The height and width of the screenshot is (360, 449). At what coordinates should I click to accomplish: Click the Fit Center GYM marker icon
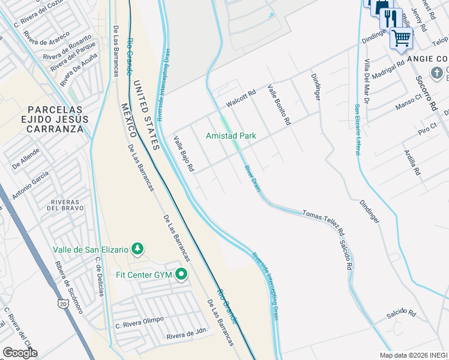pos(181,275)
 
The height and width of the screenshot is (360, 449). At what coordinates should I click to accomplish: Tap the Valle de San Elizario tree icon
pos(137,248)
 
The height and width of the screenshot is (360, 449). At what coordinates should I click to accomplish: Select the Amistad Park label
pos(231,136)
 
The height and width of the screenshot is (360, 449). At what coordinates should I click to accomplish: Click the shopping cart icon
pos(401,38)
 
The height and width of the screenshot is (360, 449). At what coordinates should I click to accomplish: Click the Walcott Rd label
pos(241,99)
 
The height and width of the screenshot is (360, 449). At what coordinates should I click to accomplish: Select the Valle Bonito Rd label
pos(279,104)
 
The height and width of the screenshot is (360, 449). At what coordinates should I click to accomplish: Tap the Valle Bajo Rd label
pos(184,154)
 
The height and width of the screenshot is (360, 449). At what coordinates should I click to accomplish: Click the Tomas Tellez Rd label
pos(324,222)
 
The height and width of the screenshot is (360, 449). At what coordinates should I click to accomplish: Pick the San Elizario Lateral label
pos(357,130)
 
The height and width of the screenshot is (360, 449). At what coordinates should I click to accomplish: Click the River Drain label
pos(252,178)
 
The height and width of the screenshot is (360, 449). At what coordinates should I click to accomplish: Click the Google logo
pos(20,353)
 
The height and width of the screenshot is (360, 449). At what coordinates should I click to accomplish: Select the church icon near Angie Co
pos(437,73)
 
